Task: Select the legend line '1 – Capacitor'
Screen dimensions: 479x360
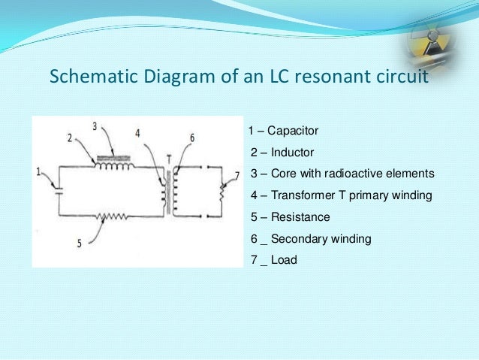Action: click(284, 132)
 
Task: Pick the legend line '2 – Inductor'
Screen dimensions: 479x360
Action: click(282, 153)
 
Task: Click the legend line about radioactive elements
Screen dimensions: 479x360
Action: click(342, 174)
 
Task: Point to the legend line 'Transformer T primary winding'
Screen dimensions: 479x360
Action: click(342, 195)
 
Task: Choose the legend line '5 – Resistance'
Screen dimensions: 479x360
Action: click(290, 217)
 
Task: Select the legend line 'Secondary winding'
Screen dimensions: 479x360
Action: click(310, 239)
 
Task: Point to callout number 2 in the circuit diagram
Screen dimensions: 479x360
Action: click(68, 138)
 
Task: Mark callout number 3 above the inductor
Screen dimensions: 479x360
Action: click(95, 127)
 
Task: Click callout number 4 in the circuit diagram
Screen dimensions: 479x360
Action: click(137, 134)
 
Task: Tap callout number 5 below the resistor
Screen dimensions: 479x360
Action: click(78, 244)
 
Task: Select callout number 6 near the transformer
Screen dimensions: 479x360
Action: click(192, 138)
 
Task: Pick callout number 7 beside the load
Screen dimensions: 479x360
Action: click(236, 175)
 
